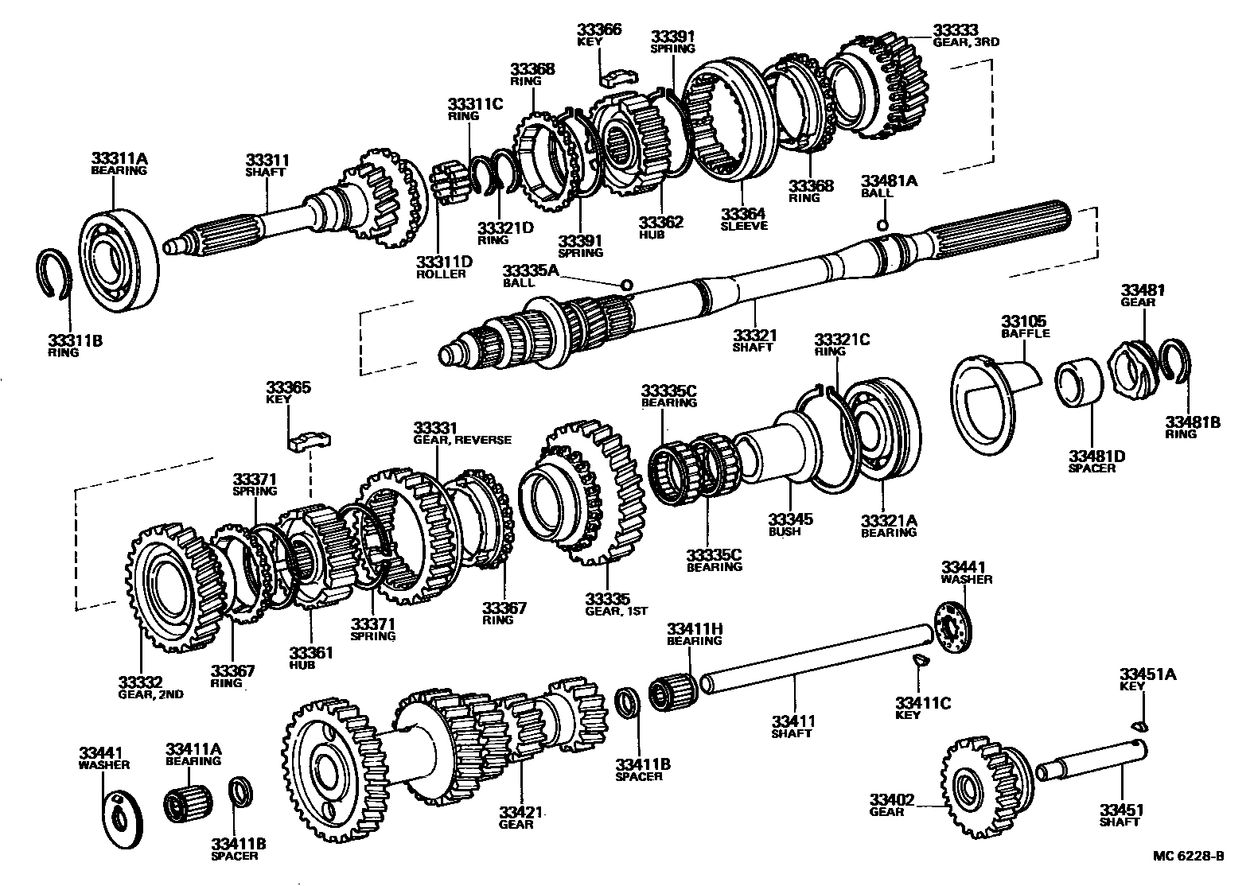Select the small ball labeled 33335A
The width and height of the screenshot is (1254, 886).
tap(626, 284)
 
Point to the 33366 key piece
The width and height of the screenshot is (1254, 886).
tap(621, 76)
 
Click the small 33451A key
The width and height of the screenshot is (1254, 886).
tap(1140, 724)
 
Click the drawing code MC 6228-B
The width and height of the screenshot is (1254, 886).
tap(1188, 857)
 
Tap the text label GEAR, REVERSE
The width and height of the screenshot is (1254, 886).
tap(462, 440)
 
